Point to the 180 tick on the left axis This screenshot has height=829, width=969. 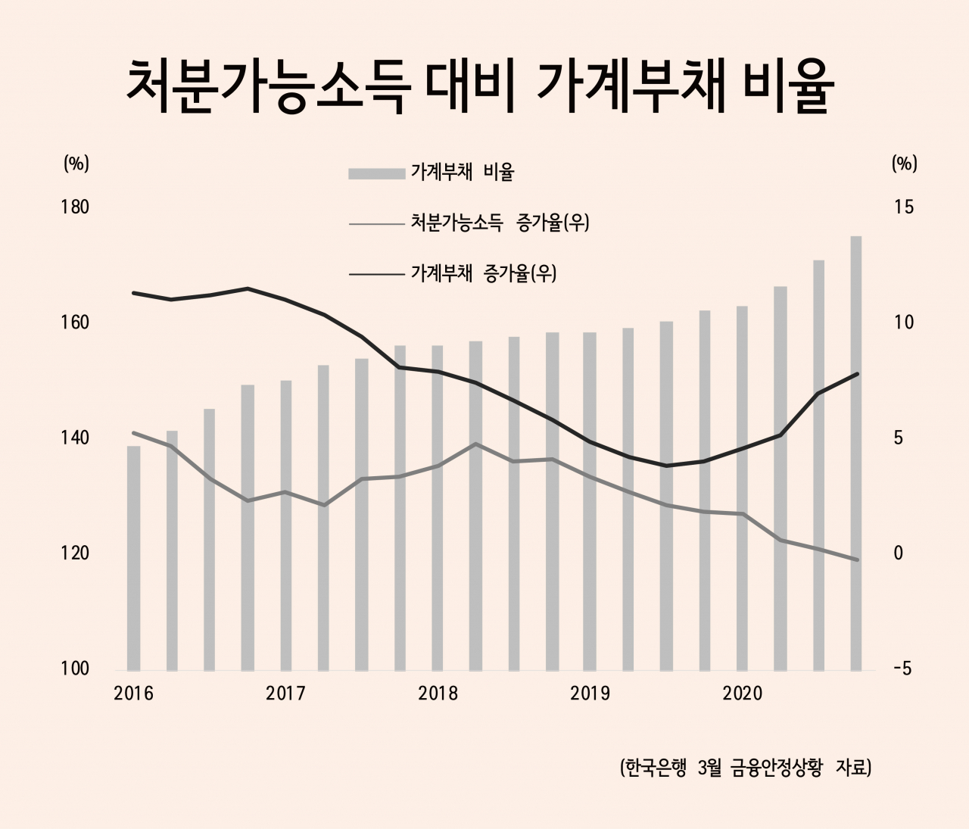75,207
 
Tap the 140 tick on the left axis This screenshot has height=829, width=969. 75,438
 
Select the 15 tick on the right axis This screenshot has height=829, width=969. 904,207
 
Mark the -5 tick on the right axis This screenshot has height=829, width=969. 904,669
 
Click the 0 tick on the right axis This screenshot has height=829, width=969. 899,553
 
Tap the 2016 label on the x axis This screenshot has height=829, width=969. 133,693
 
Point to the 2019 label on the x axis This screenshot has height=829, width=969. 590,693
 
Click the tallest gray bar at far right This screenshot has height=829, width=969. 856,454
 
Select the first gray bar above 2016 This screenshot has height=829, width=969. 133,559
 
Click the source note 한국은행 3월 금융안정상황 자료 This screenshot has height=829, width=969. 746,768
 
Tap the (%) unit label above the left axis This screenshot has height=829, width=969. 76,164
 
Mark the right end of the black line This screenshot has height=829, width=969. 856,374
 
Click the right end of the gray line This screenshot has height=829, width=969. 856,559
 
